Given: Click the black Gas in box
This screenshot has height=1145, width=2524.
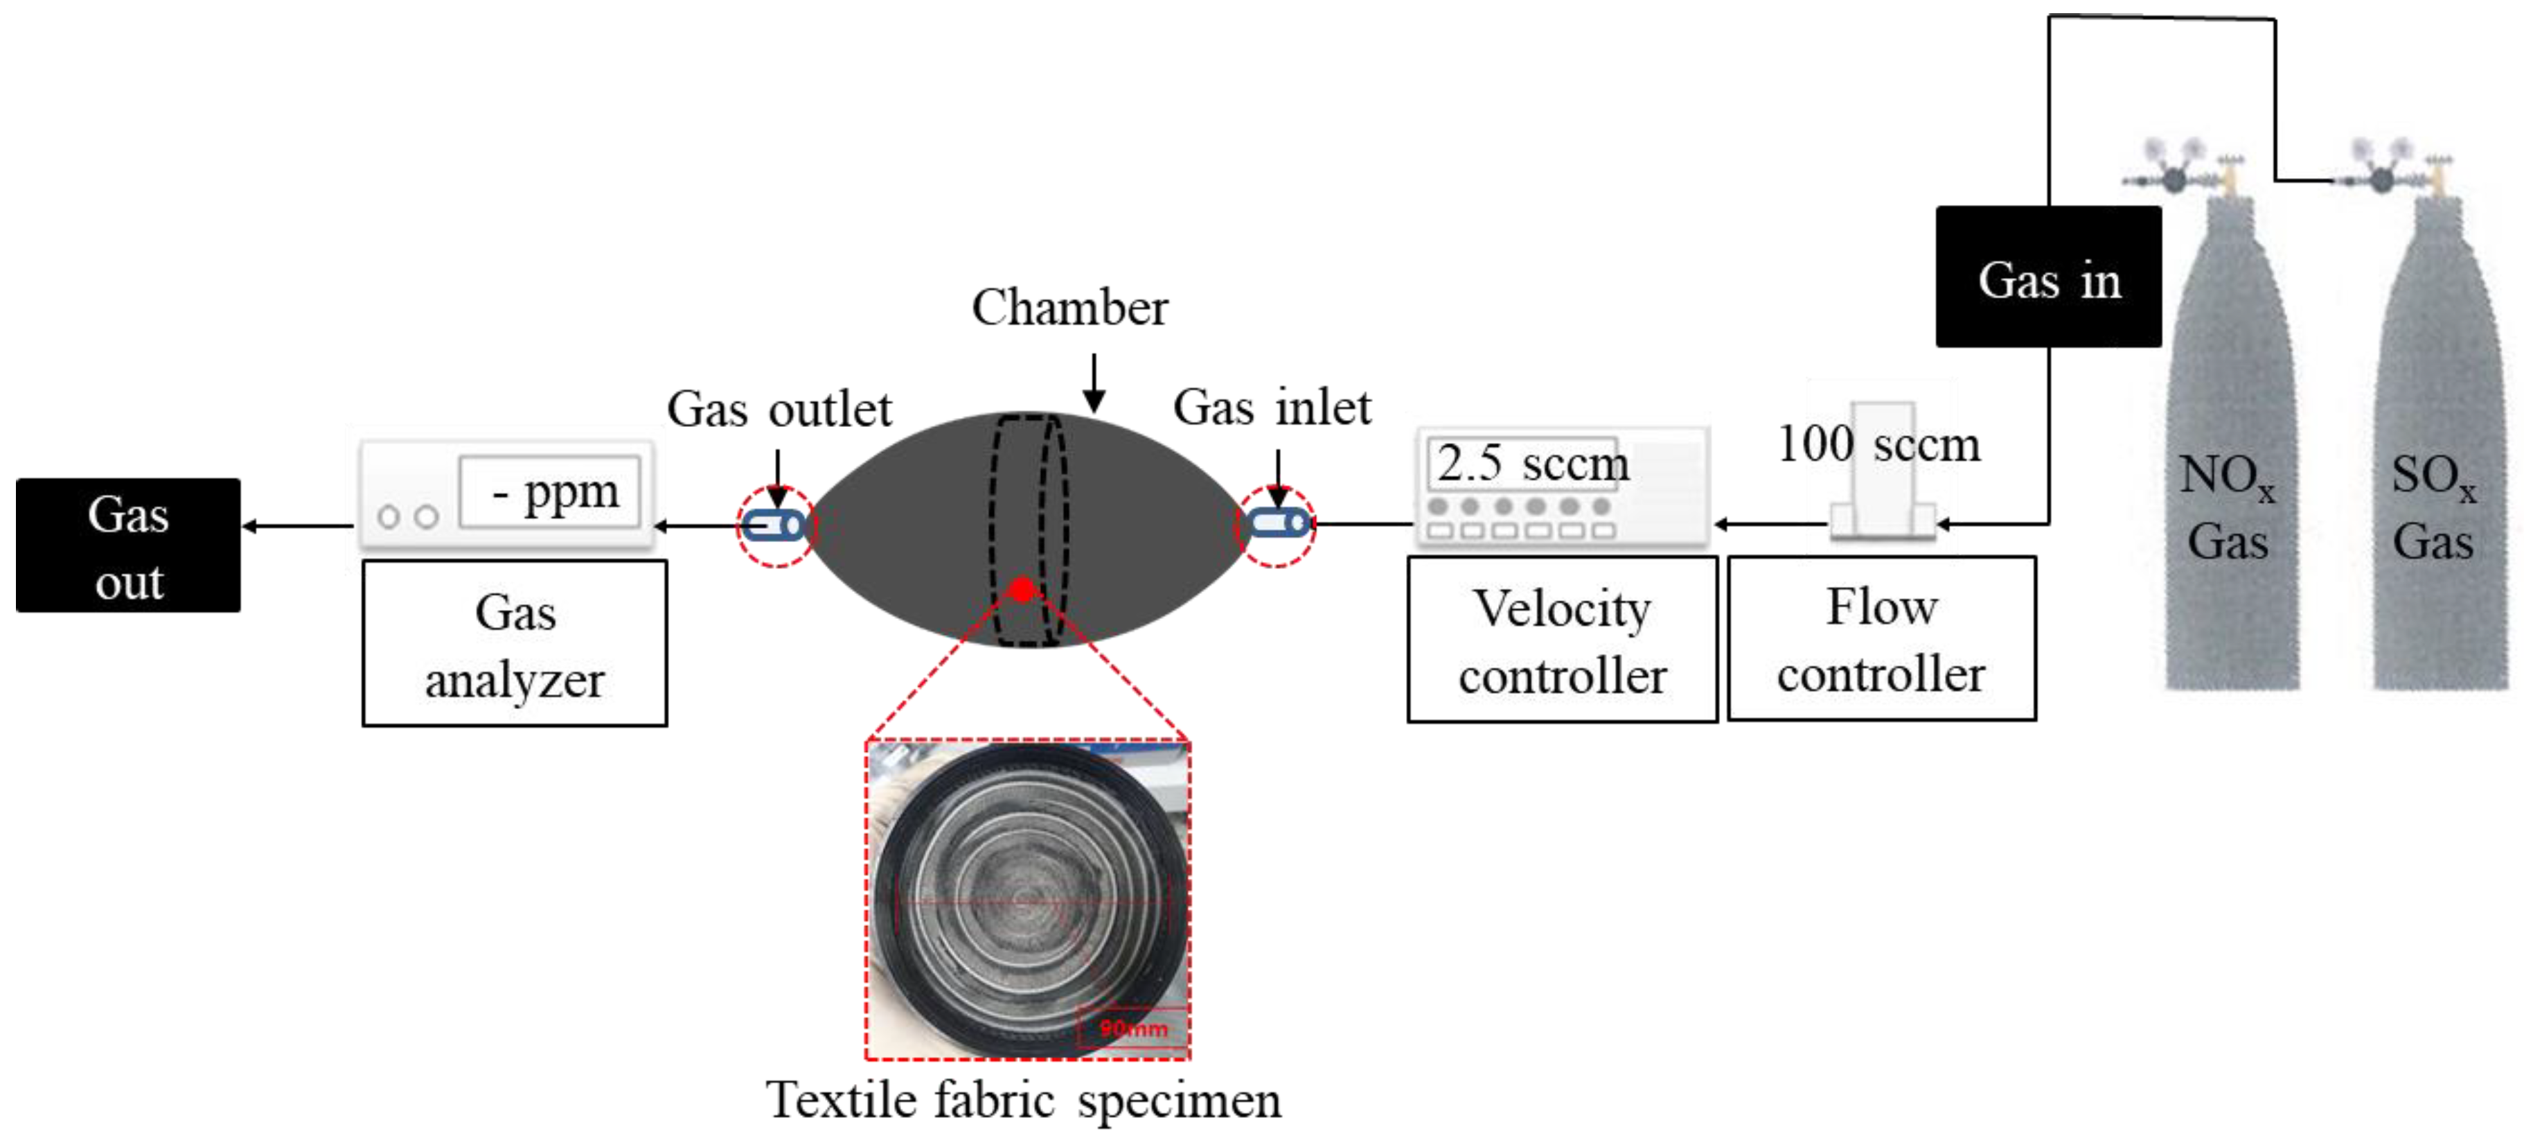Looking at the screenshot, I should point(2048,277).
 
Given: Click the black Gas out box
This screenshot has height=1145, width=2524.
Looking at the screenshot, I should point(128,546).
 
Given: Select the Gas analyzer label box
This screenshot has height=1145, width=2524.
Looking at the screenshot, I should point(515,643).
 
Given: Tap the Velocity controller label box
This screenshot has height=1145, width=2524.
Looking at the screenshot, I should point(1562,640).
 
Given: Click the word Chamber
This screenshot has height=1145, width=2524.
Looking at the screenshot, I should point(1069,308).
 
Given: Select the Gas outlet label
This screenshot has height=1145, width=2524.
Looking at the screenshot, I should point(779,409).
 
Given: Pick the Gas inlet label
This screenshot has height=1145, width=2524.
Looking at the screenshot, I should point(1272,407).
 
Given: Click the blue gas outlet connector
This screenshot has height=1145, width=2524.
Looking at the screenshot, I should point(774,525).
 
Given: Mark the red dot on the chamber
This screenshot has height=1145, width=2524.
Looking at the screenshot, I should point(1022,589).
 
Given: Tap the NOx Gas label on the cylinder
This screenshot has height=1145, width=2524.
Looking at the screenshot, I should point(2227,508).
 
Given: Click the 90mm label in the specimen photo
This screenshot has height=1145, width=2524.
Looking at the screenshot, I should point(1134,1027).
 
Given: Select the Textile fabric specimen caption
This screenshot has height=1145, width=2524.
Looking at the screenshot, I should point(1023,1100).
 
